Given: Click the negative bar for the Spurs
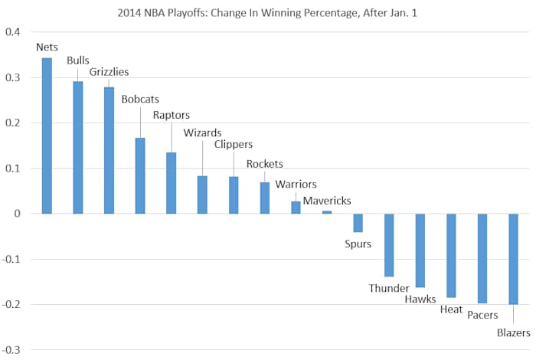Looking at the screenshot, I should click(x=358, y=222).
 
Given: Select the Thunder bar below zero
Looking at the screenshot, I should click(x=389, y=244).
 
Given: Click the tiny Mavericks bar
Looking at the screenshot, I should click(x=327, y=212).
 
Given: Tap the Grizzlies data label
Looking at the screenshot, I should click(x=109, y=72).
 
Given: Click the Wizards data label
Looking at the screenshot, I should click(x=201, y=132).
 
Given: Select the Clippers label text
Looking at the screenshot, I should click(x=233, y=144).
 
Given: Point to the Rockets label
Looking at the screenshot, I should click(x=264, y=164).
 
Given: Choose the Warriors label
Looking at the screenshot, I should click(x=296, y=184).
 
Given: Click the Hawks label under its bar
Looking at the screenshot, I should click(x=420, y=299).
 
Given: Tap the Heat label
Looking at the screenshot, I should click(x=451, y=309).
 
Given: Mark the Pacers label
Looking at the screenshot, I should click(x=482, y=314).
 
